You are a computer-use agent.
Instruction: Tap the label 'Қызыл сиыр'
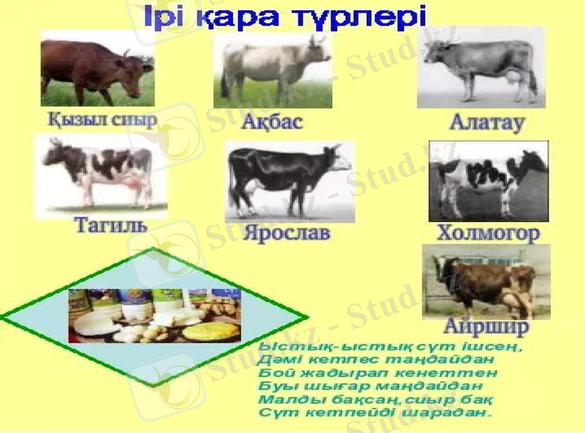[x=102, y=119]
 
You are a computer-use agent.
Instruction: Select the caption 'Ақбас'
[x=271, y=121]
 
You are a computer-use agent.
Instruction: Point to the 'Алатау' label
[x=487, y=122]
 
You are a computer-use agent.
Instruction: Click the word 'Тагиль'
[x=111, y=225]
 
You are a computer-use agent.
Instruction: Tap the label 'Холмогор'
[x=488, y=233]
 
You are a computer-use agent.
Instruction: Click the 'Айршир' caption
[x=486, y=327]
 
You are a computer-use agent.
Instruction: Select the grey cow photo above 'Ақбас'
[x=272, y=70]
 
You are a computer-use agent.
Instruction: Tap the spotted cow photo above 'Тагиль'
[x=101, y=173]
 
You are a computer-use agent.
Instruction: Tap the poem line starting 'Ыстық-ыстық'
[x=391, y=346]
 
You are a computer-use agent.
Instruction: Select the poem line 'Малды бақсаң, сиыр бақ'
[x=376, y=399]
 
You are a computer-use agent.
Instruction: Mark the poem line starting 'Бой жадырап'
[x=378, y=373]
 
